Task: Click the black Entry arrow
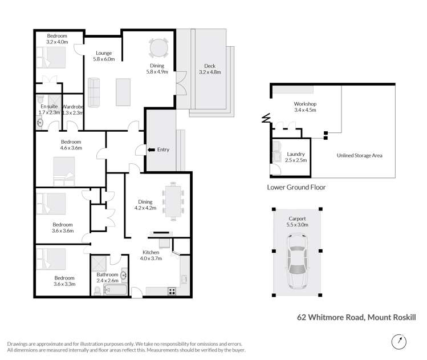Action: [x=150, y=150]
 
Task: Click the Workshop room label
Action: [x=305, y=104]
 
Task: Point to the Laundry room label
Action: [x=296, y=154]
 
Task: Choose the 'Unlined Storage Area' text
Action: [x=360, y=155]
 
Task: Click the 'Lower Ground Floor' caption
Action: [x=296, y=187]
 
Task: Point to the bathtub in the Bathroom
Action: [x=117, y=290]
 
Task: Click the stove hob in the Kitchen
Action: [x=172, y=292]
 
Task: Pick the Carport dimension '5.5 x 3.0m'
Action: [x=297, y=225]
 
